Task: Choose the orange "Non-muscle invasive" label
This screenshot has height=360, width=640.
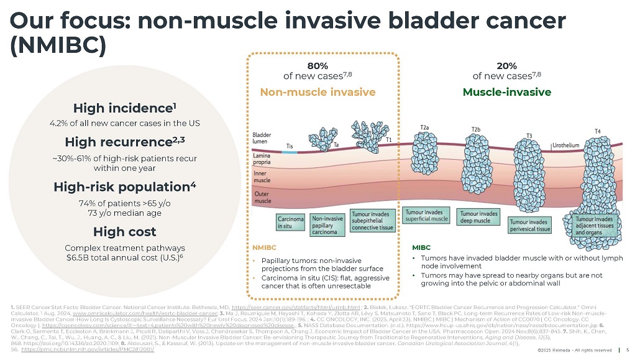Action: click(318, 92)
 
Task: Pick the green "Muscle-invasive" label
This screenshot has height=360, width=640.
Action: click(507, 92)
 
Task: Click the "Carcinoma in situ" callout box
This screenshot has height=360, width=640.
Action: click(291, 223)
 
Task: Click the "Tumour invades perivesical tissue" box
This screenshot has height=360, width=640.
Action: click(529, 224)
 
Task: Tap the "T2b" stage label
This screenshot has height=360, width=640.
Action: click(476, 129)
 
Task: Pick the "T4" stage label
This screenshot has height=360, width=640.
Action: click(597, 131)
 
